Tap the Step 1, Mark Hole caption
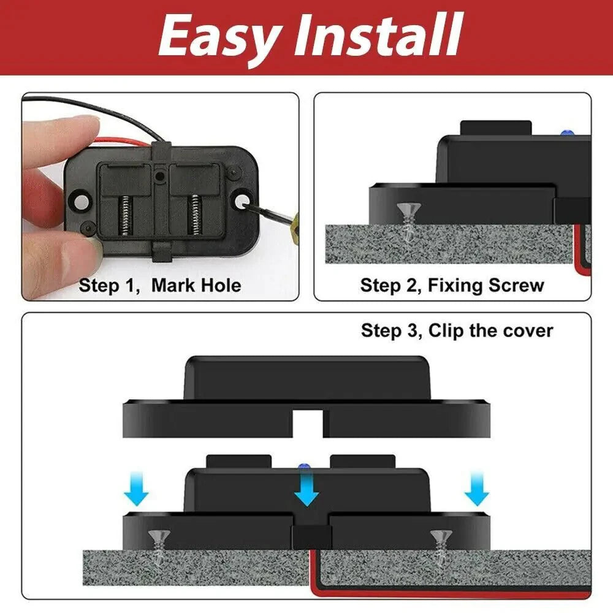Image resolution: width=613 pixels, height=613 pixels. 160,285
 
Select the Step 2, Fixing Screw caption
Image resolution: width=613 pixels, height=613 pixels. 452,285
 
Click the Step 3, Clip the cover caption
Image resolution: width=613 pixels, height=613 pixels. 457,331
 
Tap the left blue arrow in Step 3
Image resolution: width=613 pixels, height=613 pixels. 135,491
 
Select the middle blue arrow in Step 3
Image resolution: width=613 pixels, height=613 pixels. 306,490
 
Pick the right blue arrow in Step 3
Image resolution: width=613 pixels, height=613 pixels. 476,491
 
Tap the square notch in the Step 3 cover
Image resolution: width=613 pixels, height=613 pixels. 307,422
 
